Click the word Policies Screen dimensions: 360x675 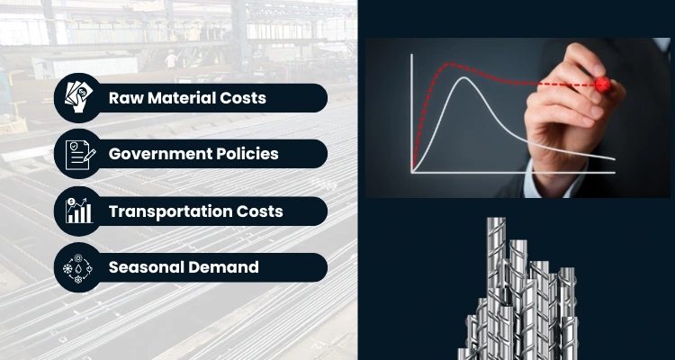click(249, 154)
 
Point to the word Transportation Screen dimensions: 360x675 click(171, 211)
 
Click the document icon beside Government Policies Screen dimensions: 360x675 click(78, 154)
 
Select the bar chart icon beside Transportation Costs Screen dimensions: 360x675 click(78, 211)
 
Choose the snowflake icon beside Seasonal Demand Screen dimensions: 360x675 click(78, 267)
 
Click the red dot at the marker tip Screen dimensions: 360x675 click(602, 85)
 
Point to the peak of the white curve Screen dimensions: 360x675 click(463, 78)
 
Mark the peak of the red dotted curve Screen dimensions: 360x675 click(447, 64)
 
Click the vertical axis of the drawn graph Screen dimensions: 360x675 click(412, 108)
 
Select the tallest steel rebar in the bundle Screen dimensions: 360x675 click(498, 261)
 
